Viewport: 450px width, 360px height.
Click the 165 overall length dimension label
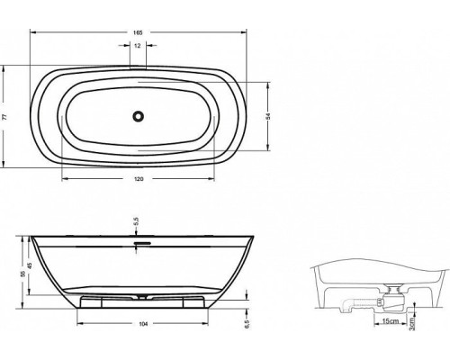(x=138, y=32)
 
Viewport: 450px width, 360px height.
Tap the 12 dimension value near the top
(x=138, y=46)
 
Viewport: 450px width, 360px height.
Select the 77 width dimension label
(x=4, y=117)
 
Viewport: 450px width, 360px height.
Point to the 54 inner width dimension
(x=268, y=116)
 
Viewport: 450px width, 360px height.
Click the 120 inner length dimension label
(x=138, y=179)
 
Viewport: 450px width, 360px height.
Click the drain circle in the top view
(x=138, y=116)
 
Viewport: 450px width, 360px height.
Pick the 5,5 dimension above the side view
(x=136, y=221)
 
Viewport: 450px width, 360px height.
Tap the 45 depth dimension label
(x=30, y=265)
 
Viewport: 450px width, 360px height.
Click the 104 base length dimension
(x=144, y=324)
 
